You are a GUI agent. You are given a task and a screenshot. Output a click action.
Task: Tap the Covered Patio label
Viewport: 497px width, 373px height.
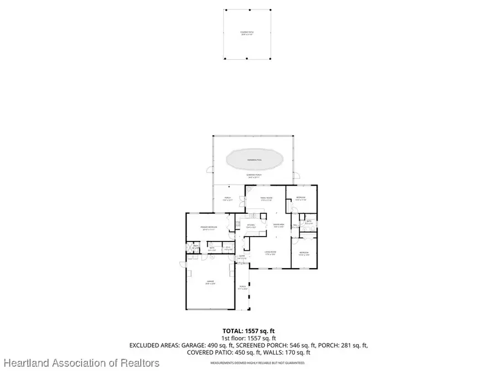pos(250,33)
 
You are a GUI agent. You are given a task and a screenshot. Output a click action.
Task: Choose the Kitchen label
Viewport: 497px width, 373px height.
pos(251,226)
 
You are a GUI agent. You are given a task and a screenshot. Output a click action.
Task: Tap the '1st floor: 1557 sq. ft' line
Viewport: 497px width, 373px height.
pos(249,338)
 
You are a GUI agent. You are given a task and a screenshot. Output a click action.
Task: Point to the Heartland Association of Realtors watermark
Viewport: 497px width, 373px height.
pos(81,363)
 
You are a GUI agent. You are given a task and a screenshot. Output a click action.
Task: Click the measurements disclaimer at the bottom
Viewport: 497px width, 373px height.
pos(257,363)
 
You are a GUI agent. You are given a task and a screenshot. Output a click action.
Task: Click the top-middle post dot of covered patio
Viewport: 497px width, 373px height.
pos(250,10)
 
